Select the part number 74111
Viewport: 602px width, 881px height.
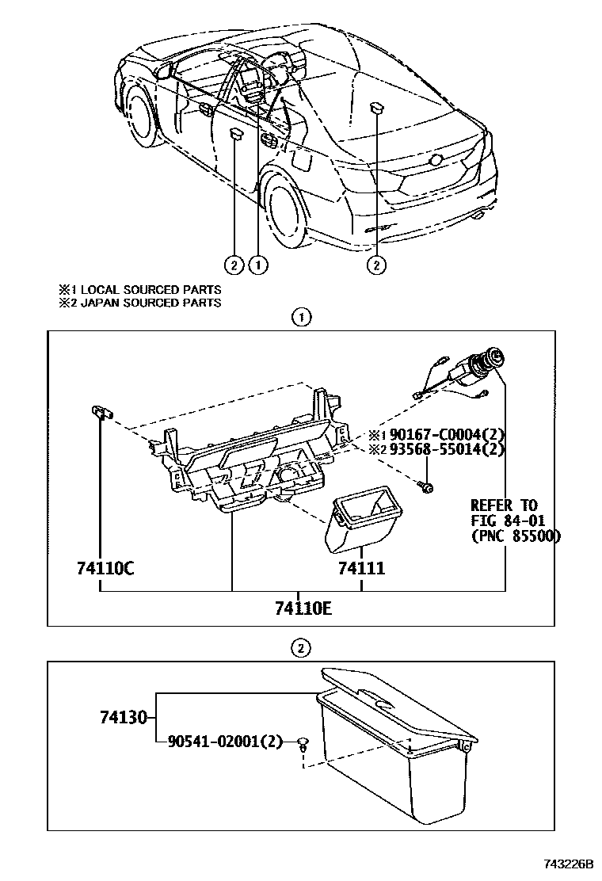pyautogui.click(x=361, y=568)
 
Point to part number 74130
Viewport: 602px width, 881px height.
pyautogui.click(x=124, y=718)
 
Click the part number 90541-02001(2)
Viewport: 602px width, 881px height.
pyautogui.click(x=225, y=742)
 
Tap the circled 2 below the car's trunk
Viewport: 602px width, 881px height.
pyautogui.click(x=376, y=264)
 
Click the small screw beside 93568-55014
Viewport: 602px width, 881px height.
pyautogui.click(x=427, y=486)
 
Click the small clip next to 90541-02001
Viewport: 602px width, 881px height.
pyautogui.click(x=303, y=744)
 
